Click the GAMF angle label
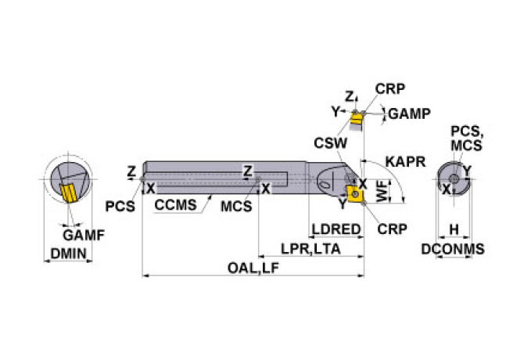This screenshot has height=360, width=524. (83, 234)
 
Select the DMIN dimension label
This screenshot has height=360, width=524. (69, 253)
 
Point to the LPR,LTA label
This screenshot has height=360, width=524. (311, 248)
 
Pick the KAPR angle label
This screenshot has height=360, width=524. (405, 162)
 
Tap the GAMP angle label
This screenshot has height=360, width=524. (409, 113)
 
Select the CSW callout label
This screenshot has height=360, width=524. (326, 142)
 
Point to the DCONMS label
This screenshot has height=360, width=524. (453, 249)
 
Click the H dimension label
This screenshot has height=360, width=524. (453, 230)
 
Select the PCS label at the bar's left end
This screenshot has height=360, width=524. (120, 207)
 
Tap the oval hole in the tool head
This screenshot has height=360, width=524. (326, 184)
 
